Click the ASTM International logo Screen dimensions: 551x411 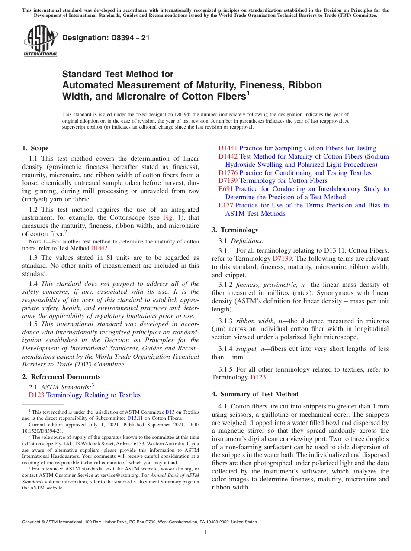pos(40,41)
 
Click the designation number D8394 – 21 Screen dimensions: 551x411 pos(106,38)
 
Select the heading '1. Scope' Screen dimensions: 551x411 pos(35,148)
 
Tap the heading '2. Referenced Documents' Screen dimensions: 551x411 pos(61,377)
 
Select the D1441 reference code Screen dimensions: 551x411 pos(228,148)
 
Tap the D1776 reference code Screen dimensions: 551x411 pos(228,173)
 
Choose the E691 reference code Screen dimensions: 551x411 pos(226,189)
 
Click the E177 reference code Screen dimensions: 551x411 pos(226,205)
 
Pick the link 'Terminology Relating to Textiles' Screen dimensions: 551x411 pos(93,395)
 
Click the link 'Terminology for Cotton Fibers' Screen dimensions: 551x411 pos(283,181)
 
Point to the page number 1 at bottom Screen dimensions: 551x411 pos(205,532)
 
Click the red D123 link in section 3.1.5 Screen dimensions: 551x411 pos(258,377)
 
